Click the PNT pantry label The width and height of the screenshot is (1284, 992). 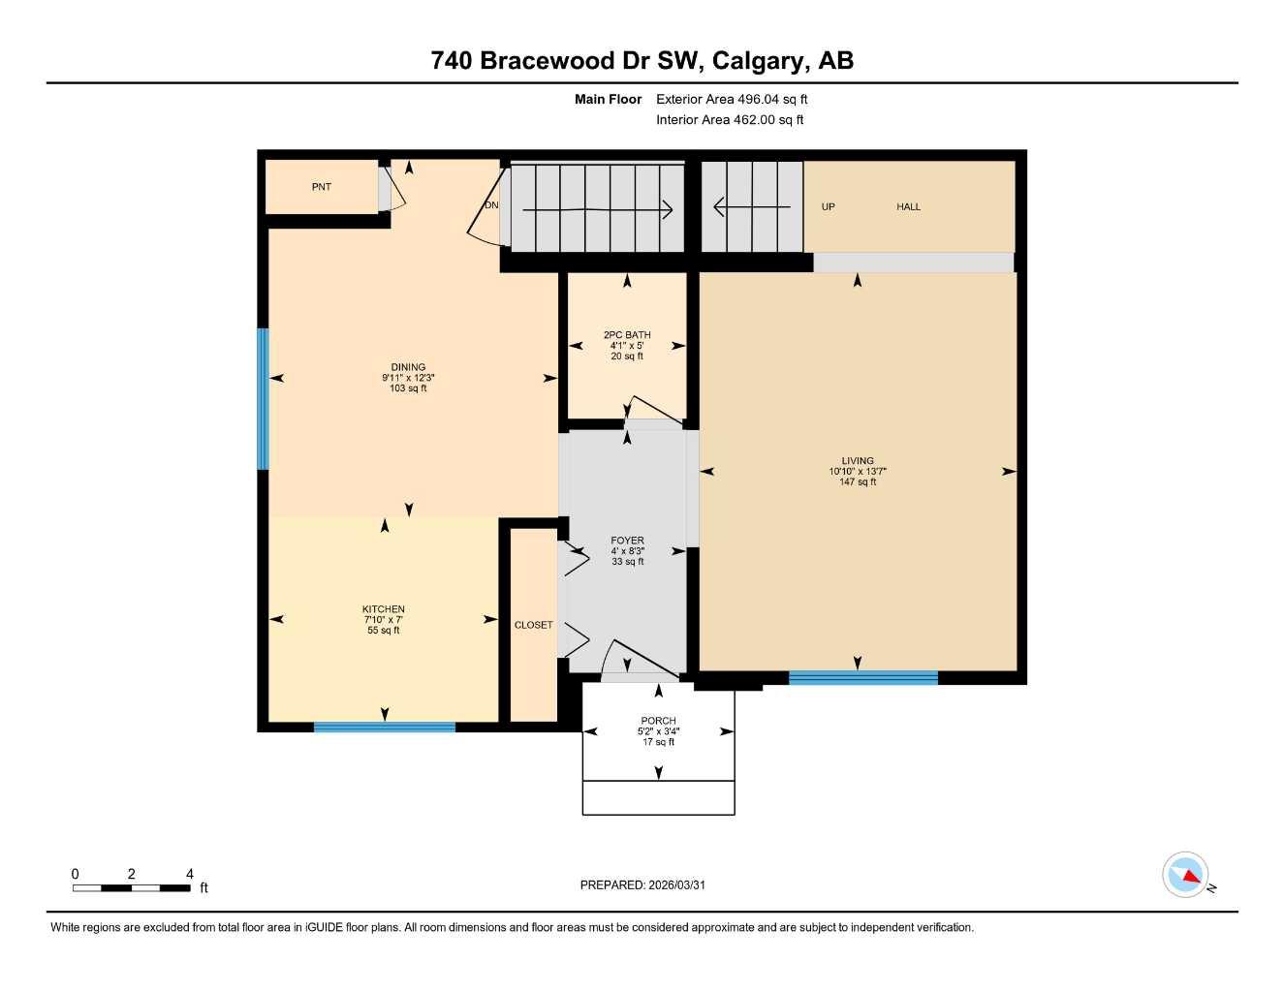click(321, 187)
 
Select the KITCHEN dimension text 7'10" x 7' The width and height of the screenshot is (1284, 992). click(383, 620)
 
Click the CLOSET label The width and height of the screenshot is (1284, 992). click(533, 625)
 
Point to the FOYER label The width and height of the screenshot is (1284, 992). click(627, 541)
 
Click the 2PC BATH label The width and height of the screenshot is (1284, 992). click(627, 335)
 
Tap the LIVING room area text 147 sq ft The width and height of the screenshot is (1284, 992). click(857, 482)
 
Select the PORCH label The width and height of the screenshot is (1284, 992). click(658, 721)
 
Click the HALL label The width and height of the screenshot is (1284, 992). click(908, 206)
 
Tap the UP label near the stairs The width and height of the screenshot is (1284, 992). click(828, 206)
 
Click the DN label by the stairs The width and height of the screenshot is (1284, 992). click(491, 205)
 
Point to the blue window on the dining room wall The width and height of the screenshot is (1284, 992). click(263, 399)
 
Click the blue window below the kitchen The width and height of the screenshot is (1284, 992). click(384, 727)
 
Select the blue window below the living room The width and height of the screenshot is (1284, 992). click(862, 678)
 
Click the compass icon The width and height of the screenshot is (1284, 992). click(1185, 875)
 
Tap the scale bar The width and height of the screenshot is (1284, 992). click(132, 887)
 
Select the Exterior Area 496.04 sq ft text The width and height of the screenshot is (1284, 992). click(732, 99)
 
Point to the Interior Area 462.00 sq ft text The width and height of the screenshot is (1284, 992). click(730, 120)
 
